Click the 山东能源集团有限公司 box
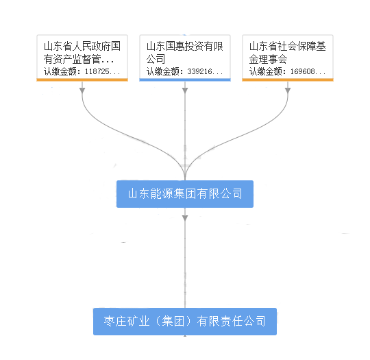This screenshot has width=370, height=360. pos(185,194)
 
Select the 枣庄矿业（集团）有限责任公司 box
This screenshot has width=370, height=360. pos(185,322)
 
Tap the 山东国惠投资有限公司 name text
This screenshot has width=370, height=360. pos(185,52)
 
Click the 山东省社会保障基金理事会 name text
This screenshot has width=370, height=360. pos(287,52)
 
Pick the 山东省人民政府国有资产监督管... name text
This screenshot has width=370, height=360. pos(82,52)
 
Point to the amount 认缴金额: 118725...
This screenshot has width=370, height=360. pos(82,71)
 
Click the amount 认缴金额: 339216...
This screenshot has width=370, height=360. pos(185,71)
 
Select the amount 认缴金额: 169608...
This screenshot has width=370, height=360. pos(287,71)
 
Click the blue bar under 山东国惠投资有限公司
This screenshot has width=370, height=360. pos(185,80)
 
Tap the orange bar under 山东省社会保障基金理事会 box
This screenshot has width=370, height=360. pos(288,80)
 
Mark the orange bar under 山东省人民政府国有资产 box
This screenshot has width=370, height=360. pos(82,80)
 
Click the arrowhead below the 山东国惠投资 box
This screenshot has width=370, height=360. pos(185,91)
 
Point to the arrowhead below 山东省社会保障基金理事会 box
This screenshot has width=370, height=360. pos(288,91)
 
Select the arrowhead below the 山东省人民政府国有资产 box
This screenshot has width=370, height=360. pos(82,91)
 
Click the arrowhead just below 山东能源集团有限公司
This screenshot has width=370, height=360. pos(185,218)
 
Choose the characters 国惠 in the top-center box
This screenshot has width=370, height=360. pos(175,47)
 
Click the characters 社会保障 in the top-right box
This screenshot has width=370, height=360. pos(297,47)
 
